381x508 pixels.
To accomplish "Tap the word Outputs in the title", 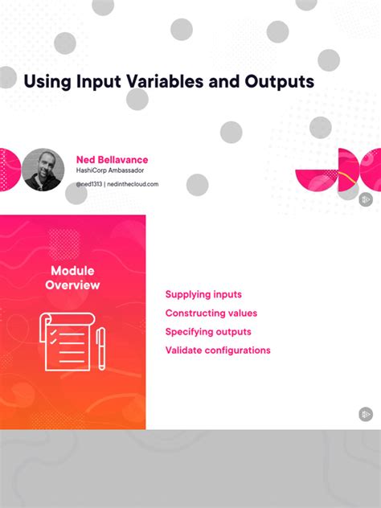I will click(278, 82).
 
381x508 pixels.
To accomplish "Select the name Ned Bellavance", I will click(112, 160).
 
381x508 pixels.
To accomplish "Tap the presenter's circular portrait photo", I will click(43, 169).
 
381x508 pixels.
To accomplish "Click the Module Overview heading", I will click(73, 278).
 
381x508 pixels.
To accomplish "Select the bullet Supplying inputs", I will click(203, 295).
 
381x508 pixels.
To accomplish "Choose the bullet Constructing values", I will click(211, 313).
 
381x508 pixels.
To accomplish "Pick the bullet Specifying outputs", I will click(208, 332).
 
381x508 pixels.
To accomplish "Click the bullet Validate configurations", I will click(218, 350).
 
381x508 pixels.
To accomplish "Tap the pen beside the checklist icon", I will click(101, 347).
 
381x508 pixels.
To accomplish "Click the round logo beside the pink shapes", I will click(366, 197).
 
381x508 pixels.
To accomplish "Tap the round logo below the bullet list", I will click(366, 414).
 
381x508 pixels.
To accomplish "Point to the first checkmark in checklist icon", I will click(53, 330).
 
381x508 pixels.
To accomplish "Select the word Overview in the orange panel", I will click(73, 285).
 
